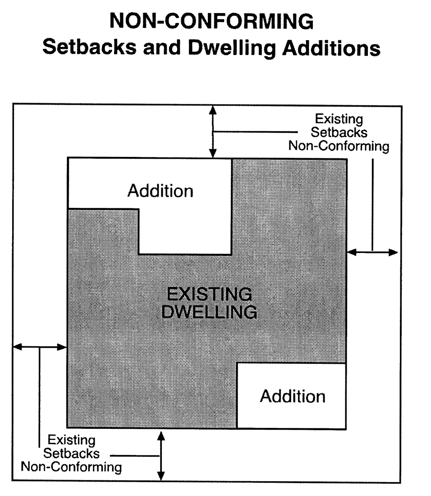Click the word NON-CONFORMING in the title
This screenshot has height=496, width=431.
coord(211,21)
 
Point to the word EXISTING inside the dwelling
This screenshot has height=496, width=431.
coord(209,294)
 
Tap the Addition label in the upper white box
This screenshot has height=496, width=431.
coord(160,191)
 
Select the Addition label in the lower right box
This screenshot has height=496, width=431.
coord(293,396)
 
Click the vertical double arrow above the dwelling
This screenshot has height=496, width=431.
coord(213,132)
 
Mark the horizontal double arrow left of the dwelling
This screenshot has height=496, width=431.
coord(40,347)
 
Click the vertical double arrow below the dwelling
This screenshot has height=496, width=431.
coord(160,455)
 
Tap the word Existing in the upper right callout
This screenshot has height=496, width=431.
coord(339,119)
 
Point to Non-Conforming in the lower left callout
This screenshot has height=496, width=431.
coord(71,466)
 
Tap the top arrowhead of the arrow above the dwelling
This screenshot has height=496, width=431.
coord(213,110)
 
